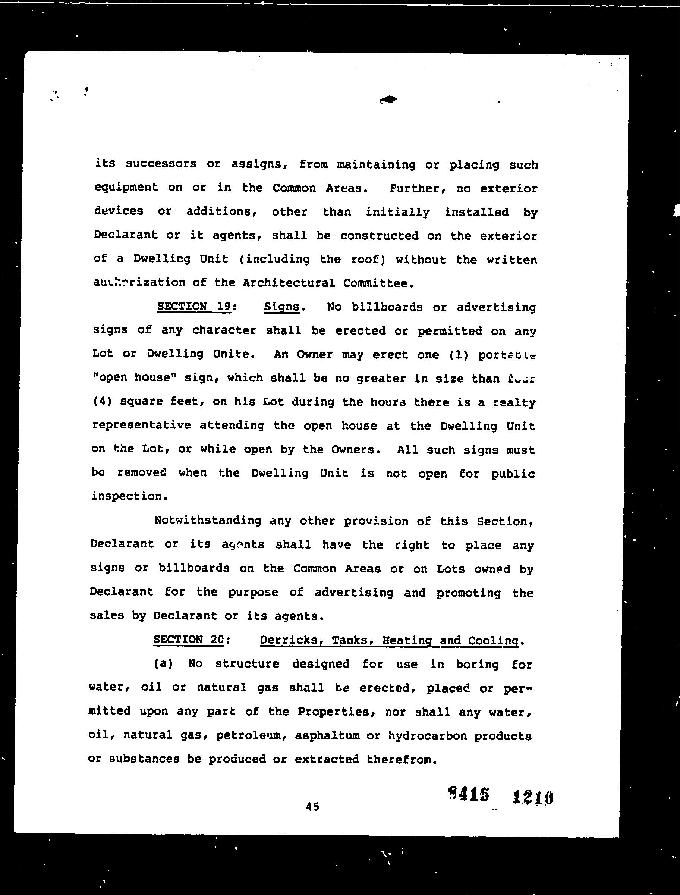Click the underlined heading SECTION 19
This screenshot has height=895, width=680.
coord(194,306)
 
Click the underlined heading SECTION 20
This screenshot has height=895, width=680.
coord(188,640)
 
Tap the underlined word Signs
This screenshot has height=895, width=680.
coord(281,307)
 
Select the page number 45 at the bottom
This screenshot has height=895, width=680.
coord(312,807)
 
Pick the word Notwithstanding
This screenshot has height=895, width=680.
coord(208,521)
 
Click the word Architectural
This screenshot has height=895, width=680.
coord(289,283)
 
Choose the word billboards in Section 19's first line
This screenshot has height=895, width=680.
coord(387,307)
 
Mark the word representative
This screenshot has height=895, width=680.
coord(141,425)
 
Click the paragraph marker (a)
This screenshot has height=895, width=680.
coord(163,664)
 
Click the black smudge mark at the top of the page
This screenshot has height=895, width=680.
coord(388,100)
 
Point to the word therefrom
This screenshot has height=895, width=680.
coord(402,759)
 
